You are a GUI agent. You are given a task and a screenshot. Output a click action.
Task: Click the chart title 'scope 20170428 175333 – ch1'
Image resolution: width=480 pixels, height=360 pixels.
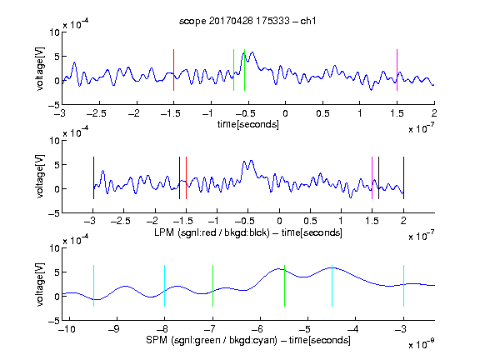[247, 21]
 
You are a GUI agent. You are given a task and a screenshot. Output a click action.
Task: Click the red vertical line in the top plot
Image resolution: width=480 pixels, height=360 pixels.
[173, 70]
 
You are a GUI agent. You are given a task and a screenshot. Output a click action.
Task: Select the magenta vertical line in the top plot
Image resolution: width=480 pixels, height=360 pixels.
[397, 70]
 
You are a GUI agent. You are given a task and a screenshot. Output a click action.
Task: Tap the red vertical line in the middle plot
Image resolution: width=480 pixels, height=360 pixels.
[186, 177]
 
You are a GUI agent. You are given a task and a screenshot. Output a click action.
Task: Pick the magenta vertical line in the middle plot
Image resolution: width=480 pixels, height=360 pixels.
[372, 177]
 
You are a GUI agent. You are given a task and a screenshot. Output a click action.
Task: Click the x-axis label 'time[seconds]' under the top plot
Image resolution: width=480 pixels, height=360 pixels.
[248, 124]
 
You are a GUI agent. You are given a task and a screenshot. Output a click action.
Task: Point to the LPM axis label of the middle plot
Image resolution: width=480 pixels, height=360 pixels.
[248, 232]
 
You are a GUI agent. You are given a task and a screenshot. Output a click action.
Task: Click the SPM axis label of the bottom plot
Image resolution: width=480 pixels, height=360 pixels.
[248, 340]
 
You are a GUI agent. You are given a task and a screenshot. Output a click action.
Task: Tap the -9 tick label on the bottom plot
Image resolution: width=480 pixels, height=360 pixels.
[114, 329]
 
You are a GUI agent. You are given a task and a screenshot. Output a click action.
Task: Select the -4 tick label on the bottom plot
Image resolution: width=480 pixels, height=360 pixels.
[353, 329]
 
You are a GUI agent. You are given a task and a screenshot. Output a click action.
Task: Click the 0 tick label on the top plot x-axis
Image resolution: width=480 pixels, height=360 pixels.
[285, 113]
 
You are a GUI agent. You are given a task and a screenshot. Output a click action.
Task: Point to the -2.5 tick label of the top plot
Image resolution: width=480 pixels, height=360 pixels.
[97, 113]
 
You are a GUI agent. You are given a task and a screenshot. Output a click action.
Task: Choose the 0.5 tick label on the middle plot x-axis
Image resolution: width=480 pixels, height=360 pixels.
[310, 221]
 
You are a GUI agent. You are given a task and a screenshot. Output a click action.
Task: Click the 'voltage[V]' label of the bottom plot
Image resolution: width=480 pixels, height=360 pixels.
[40, 284]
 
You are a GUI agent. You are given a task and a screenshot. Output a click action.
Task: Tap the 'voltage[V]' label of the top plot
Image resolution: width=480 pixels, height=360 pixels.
[40, 68]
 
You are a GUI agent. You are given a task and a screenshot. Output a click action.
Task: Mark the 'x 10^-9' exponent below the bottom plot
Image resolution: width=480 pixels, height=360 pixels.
[422, 344]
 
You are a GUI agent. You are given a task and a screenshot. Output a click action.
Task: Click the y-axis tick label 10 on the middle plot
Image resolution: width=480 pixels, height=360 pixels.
[54, 141]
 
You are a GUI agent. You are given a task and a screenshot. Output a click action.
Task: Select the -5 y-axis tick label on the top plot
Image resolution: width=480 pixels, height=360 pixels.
[54, 105]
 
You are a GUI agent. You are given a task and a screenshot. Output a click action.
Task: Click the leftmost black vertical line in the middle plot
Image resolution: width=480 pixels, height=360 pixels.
[93, 177]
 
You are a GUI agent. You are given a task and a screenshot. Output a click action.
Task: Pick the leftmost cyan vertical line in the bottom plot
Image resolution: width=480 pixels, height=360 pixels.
[93, 286]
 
